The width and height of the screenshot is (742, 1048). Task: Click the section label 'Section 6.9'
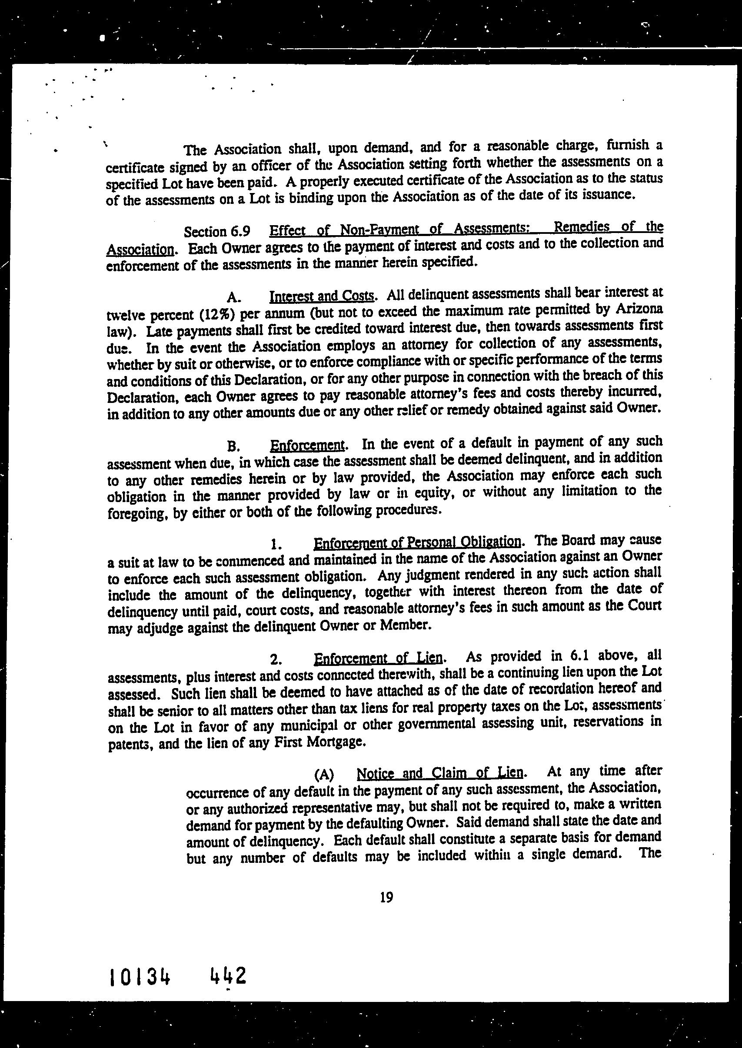pos(216,232)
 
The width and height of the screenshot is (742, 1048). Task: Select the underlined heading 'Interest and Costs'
pos(322,296)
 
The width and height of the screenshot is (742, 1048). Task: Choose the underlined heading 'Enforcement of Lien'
pos(378,658)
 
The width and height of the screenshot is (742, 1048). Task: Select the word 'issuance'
pos(602,195)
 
